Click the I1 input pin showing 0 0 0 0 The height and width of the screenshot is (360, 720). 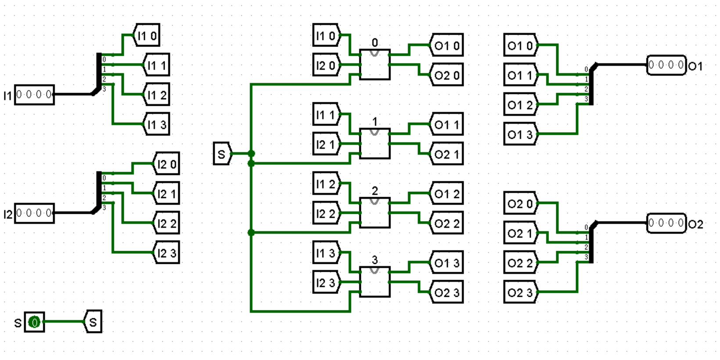click(x=34, y=94)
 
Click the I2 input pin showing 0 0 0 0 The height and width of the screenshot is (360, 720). click(x=34, y=213)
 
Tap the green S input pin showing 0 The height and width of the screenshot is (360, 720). click(x=34, y=322)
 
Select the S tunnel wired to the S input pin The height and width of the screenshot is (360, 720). click(x=93, y=322)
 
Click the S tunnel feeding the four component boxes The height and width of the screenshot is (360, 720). click(x=222, y=154)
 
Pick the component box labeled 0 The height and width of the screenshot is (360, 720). click(x=374, y=65)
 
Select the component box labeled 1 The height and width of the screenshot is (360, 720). click(x=374, y=144)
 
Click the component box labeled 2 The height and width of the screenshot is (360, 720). click(x=374, y=213)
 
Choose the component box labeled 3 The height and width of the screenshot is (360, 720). click(x=374, y=282)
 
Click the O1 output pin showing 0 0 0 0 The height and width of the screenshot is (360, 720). click(x=666, y=65)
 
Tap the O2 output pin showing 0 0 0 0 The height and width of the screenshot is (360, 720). click(x=666, y=223)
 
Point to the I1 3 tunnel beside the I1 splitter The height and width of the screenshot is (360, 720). click(x=157, y=124)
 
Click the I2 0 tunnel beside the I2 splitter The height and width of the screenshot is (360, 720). click(x=167, y=164)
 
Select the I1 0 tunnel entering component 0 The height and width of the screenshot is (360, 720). click(x=326, y=36)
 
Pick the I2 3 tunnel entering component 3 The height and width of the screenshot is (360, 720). click(x=326, y=282)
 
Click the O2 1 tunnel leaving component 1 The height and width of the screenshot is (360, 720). click(x=446, y=154)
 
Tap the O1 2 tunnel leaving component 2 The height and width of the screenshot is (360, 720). click(x=446, y=194)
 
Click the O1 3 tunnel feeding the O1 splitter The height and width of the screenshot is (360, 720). click(x=520, y=134)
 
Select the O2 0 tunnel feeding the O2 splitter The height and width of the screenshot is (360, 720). click(x=520, y=203)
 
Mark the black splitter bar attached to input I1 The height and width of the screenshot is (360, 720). click(x=99, y=72)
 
